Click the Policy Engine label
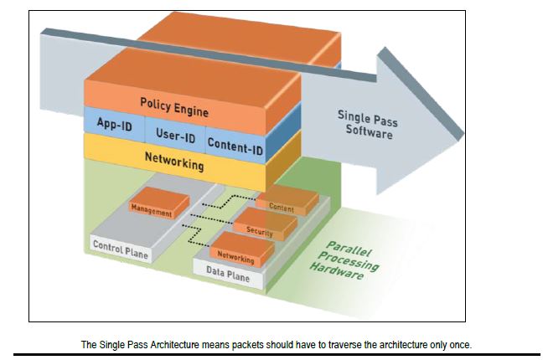pyautogui.click(x=174, y=105)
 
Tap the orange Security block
pyautogui.click(x=261, y=228)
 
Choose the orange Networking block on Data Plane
pyautogui.click(x=236, y=254)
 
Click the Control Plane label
pyautogui.click(x=120, y=249)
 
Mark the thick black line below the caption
pyautogui.click(x=271, y=355)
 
